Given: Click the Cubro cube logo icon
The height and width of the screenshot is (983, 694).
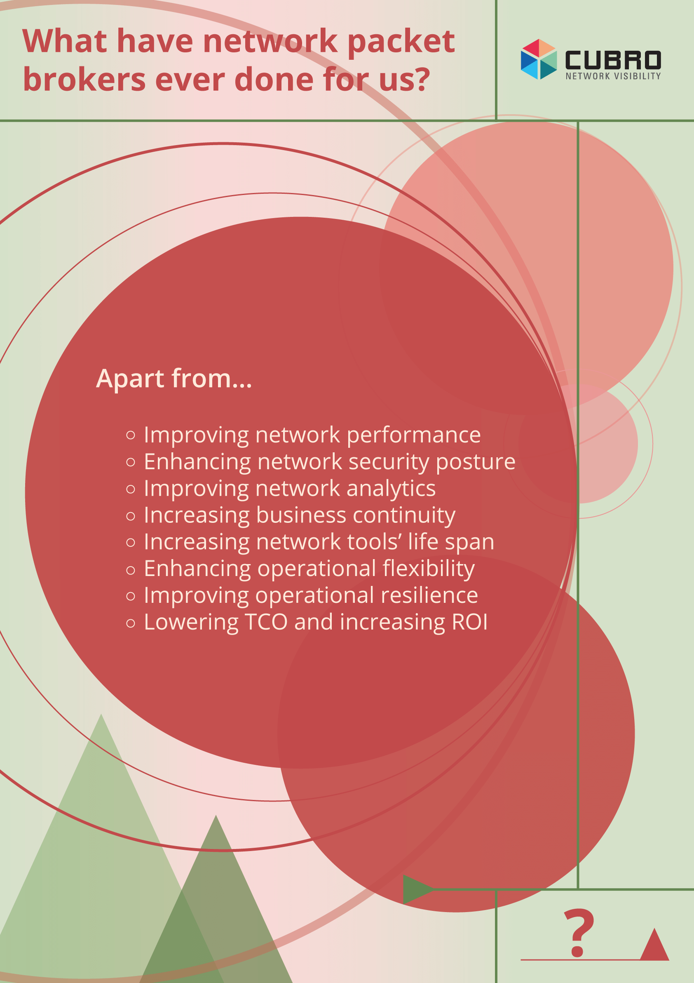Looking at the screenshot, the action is [539, 59].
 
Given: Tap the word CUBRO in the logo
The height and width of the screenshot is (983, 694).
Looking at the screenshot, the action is [613, 60].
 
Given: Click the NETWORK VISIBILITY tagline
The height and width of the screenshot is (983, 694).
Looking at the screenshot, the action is [613, 76].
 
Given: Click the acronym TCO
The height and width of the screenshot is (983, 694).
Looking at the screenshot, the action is [267, 622].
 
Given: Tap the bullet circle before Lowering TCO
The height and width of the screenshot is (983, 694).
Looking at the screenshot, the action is [131, 623].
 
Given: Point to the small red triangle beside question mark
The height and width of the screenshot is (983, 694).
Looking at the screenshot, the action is [654, 945].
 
